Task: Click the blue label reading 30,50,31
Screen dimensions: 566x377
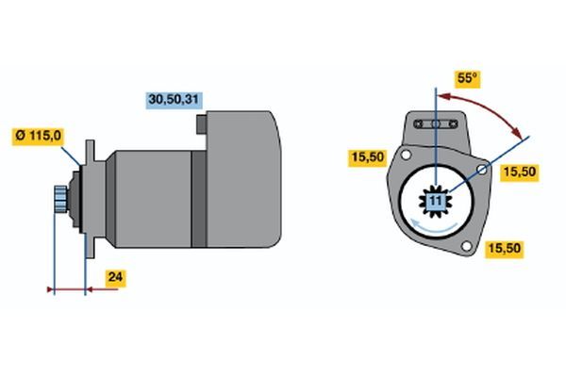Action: pos(174,100)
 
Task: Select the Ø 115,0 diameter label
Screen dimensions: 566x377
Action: pos(39,137)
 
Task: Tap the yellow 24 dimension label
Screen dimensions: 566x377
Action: pos(115,278)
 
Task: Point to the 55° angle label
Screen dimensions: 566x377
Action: pos(467,78)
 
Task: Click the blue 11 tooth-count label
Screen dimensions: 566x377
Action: pos(436,201)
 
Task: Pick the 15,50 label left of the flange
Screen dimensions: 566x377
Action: pos(368,157)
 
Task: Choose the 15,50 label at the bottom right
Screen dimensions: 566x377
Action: pos(504,249)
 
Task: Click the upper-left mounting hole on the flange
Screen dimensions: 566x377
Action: pos(406,156)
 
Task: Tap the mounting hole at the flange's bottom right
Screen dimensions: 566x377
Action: pos(466,246)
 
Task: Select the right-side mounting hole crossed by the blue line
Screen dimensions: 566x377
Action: pos(482,169)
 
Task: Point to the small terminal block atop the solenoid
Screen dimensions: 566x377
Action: pos(202,124)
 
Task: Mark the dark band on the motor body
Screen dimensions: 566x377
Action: pos(199,199)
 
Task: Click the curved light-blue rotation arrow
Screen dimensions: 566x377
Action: pos(434,227)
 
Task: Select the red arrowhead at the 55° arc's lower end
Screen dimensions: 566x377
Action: pos(518,134)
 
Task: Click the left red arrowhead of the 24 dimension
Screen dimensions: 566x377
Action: pos(51,289)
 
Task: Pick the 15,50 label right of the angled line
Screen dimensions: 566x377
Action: pos(520,172)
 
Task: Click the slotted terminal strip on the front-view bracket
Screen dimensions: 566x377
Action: pos(436,124)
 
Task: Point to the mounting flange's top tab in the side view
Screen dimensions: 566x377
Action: pos(90,152)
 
